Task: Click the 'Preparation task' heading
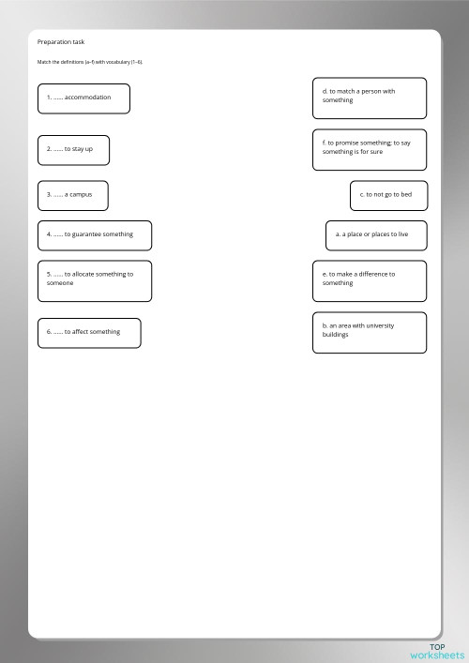point(60,42)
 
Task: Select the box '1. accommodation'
point(83,98)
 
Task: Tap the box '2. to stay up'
point(73,148)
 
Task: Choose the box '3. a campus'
point(72,194)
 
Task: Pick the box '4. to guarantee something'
point(94,234)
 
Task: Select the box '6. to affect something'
point(90,332)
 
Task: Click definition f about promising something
point(369,148)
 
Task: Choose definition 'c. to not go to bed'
point(388,194)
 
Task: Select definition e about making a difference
point(369,279)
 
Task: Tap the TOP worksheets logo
point(438,651)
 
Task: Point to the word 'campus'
point(81,194)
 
